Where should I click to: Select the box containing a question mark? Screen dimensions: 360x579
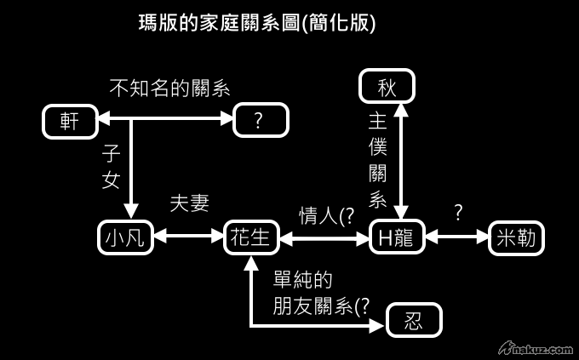pos(261,121)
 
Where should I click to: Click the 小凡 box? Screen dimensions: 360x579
pos(125,238)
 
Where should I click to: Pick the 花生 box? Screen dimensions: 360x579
pos(251,238)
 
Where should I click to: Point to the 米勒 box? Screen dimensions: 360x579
pos(516,238)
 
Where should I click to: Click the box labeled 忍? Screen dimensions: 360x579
pos(414,321)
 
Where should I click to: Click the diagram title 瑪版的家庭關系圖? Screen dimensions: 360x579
pos(256,23)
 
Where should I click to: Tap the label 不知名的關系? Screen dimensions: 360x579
pos(170,88)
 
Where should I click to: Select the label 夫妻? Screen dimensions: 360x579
pos(189,203)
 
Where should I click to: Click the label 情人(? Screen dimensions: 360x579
pos(326,216)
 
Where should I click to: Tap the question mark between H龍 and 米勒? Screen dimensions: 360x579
pos(458,213)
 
